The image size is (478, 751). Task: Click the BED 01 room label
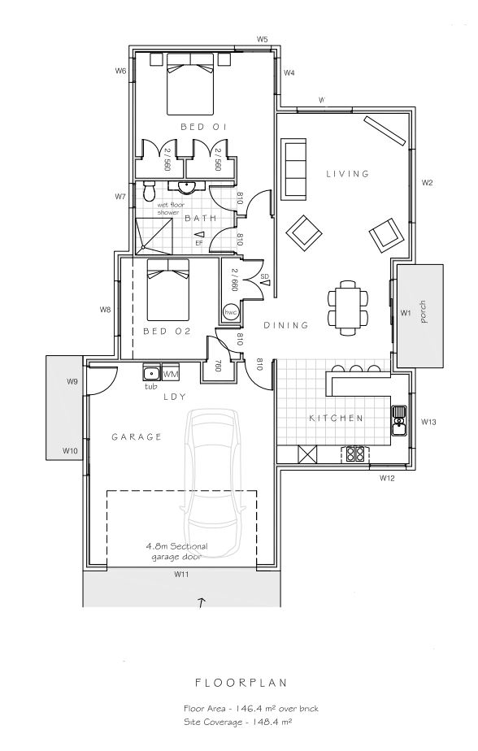tap(202, 128)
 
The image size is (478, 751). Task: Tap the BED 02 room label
tap(166, 331)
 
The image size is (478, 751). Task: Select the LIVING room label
tap(348, 173)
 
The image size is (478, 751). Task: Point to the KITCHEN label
tap(336, 419)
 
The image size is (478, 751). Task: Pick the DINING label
tap(286, 325)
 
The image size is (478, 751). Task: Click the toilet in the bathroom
tap(149, 192)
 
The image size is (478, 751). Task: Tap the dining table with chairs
tap(346, 306)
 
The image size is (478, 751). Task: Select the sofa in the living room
tap(293, 169)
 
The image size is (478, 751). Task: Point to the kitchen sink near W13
tap(398, 415)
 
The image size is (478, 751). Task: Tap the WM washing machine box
tap(171, 374)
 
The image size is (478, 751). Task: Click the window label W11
tap(181, 574)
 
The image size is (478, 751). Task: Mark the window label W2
tap(426, 183)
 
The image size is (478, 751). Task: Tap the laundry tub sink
tap(150, 374)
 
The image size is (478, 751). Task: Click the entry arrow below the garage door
tap(202, 602)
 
